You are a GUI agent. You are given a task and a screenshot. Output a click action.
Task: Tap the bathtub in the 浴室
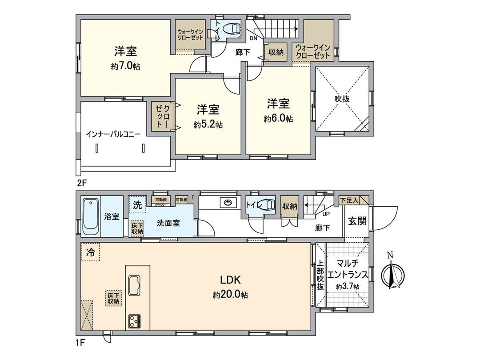point(91,217)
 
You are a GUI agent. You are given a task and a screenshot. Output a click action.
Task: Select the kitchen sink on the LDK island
point(134,284)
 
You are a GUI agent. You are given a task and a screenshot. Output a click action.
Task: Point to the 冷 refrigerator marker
point(91,252)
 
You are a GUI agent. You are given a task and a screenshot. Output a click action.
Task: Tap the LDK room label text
point(231,280)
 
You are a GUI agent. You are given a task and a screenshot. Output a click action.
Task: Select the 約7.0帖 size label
point(126,66)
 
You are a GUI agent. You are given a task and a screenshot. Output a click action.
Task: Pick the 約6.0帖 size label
point(278,119)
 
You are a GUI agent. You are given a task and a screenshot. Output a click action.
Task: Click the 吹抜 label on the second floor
point(342,99)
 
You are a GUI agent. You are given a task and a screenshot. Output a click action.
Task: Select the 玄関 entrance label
point(357,221)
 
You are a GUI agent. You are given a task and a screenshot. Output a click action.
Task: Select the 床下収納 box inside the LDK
point(113,297)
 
